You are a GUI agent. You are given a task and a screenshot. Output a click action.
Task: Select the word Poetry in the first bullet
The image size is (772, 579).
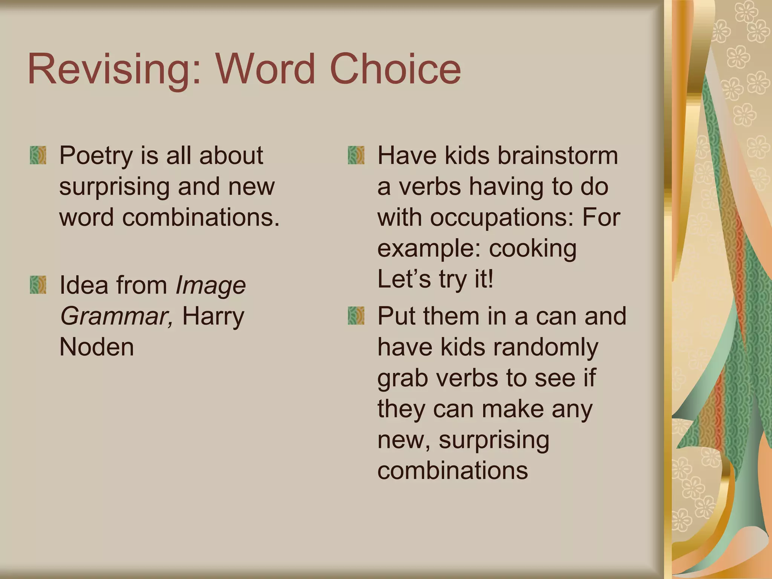(x=96, y=156)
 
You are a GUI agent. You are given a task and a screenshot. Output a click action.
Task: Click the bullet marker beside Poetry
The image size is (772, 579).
(x=38, y=155)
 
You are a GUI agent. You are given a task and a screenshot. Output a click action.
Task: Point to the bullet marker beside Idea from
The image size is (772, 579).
(x=38, y=285)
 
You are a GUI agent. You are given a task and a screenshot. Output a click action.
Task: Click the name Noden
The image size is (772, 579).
(x=96, y=347)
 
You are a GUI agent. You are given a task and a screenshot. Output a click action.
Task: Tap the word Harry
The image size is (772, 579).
(x=213, y=317)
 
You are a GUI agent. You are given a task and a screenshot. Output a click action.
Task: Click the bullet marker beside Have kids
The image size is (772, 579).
(x=356, y=155)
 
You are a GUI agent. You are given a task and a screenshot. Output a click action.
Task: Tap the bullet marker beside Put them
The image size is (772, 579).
(x=356, y=316)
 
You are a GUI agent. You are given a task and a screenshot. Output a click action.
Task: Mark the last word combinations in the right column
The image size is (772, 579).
(x=452, y=471)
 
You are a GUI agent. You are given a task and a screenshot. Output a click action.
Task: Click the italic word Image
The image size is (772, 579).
(x=211, y=286)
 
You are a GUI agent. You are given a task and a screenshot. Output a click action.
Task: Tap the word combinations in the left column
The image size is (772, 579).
(x=201, y=218)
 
